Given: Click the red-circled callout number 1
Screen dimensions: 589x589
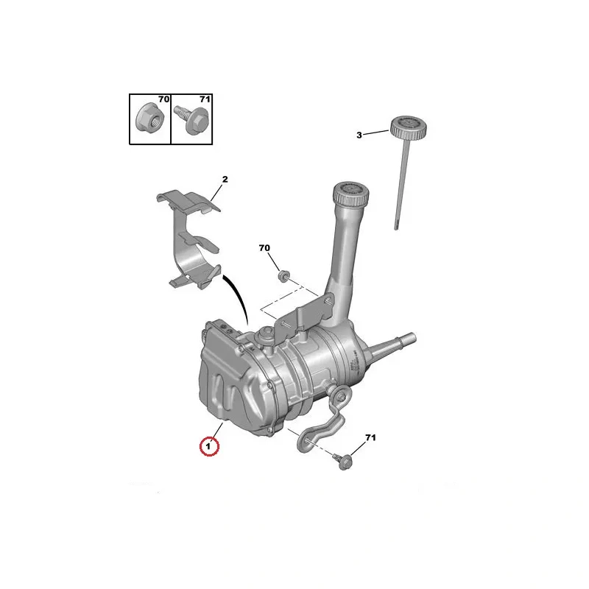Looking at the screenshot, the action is pyautogui.click(x=209, y=447).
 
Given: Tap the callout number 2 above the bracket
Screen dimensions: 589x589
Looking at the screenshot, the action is pyautogui.click(x=225, y=179).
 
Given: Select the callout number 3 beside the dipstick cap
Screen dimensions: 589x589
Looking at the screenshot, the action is pyautogui.click(x=359, y=135).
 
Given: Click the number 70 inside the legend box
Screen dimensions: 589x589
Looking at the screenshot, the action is pyautogui.click(x=163, y=99).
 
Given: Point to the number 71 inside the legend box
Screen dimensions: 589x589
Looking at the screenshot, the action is pyautogui.click(x=205, y=99).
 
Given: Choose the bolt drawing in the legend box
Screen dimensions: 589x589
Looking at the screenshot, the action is pyautogui.click(x=191, y=118).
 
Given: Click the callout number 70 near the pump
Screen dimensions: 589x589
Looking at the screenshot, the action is pyautogui.click(x=264, y=248).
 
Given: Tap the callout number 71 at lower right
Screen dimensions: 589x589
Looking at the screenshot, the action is pyautogui.click(x=370, y=437).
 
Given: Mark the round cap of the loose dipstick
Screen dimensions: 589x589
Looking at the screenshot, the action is pyautogui.click(x=409, y=127).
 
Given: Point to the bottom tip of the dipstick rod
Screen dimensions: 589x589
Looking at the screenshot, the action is pyautogui.click(x=396, y=229).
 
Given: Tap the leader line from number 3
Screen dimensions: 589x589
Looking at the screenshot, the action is pyautogui.click(x=376, y=133).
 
